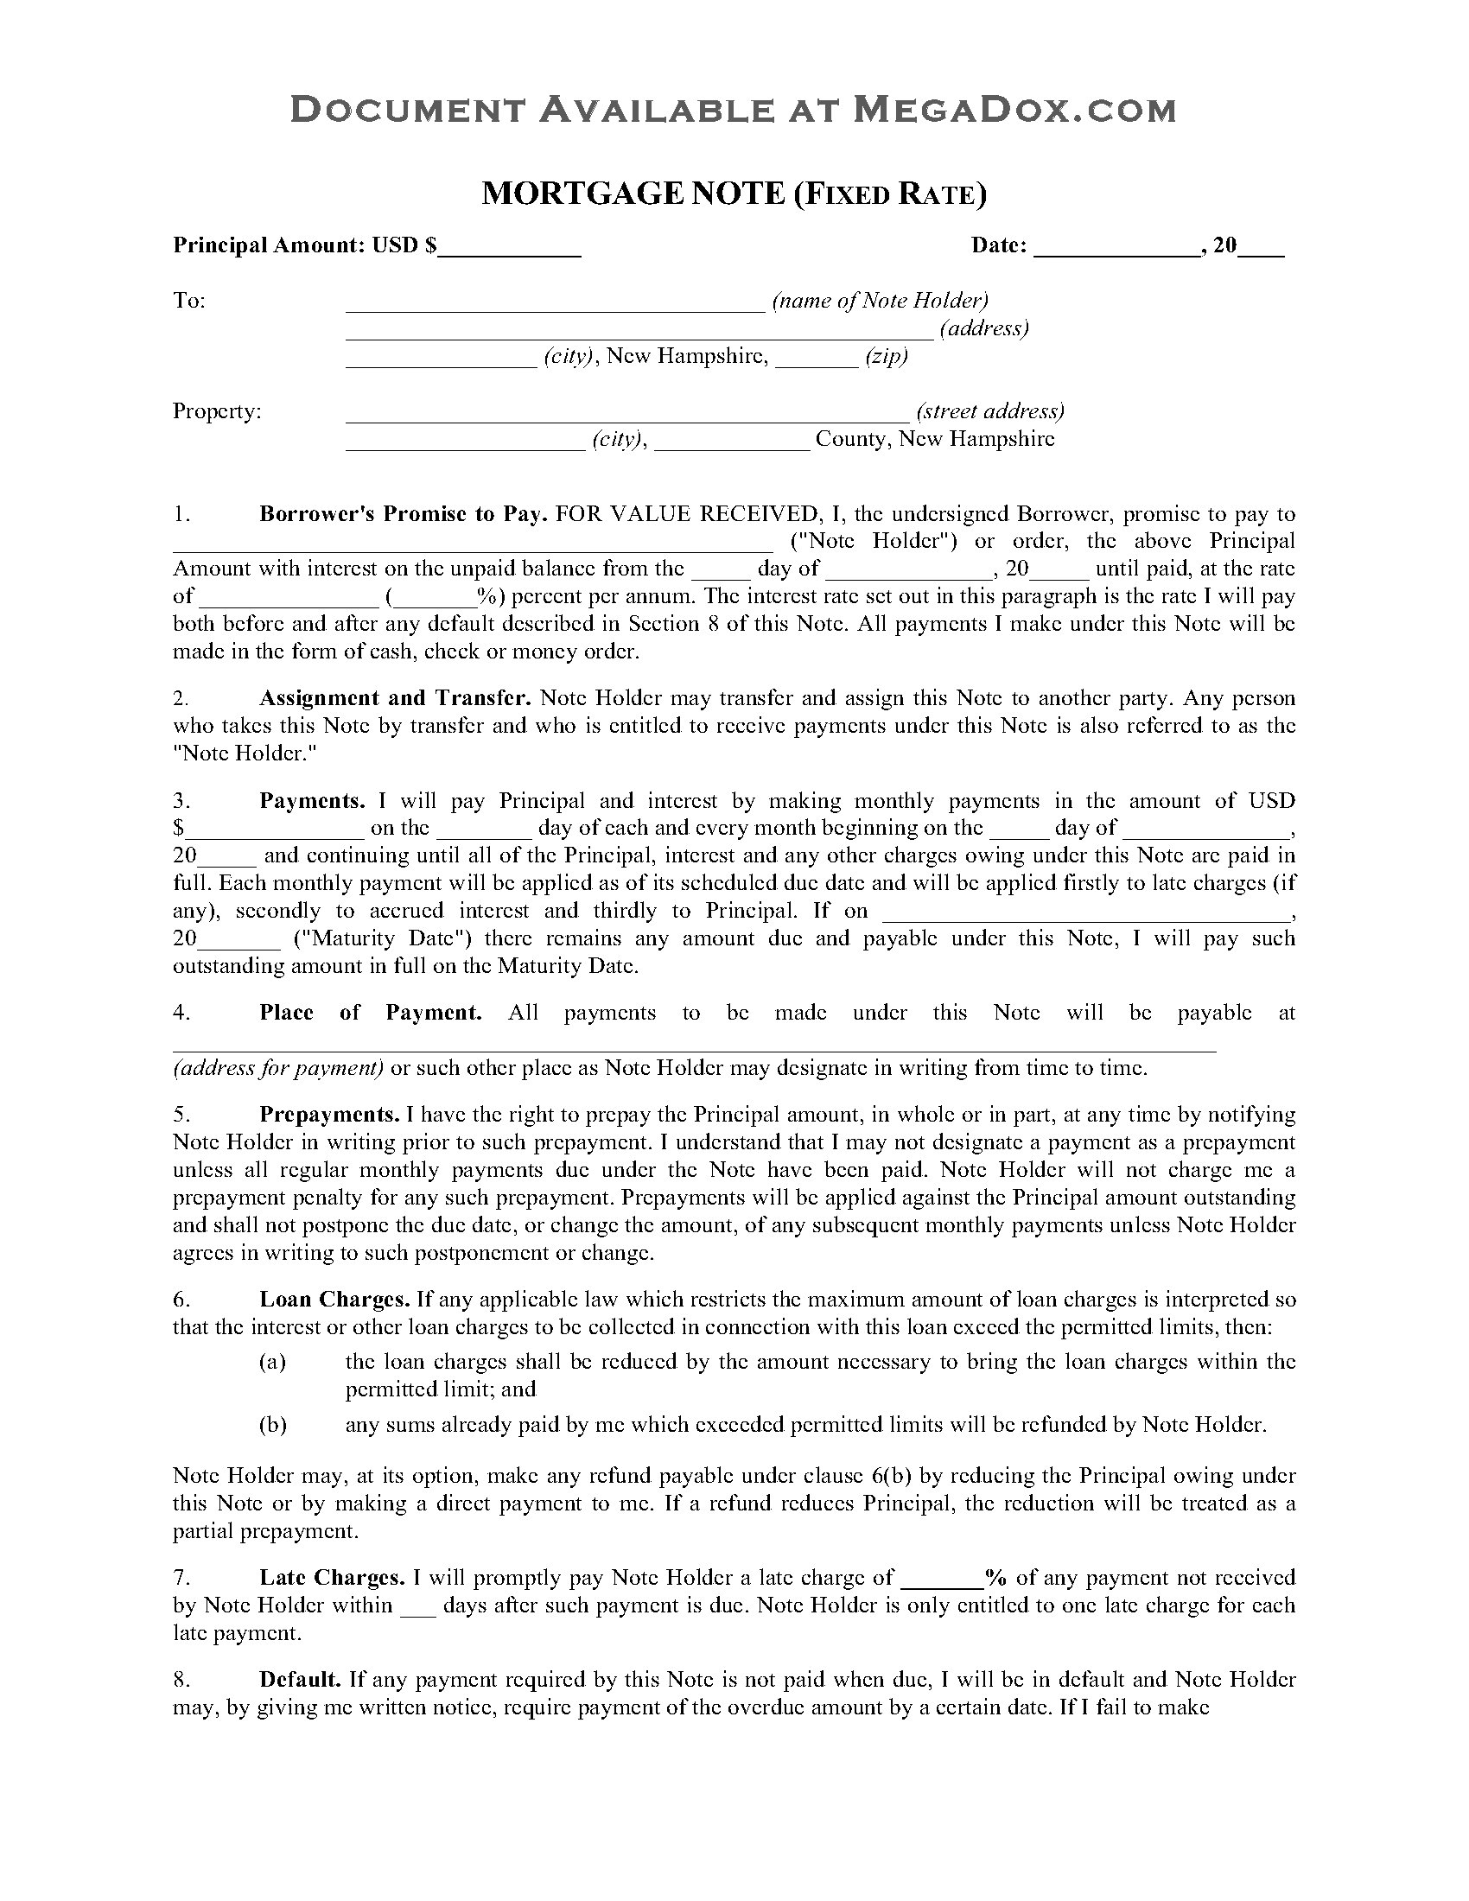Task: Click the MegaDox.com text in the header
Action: tap(1014, 110)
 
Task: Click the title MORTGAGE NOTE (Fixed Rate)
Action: tap(734, 194)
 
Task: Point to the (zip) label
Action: tap(886, 357)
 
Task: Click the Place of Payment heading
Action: tap(370, 1013)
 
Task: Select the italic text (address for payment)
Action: tap(278, 1068)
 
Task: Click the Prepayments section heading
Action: tap(329, 1115)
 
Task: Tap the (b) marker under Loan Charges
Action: tap(272, 1425)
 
